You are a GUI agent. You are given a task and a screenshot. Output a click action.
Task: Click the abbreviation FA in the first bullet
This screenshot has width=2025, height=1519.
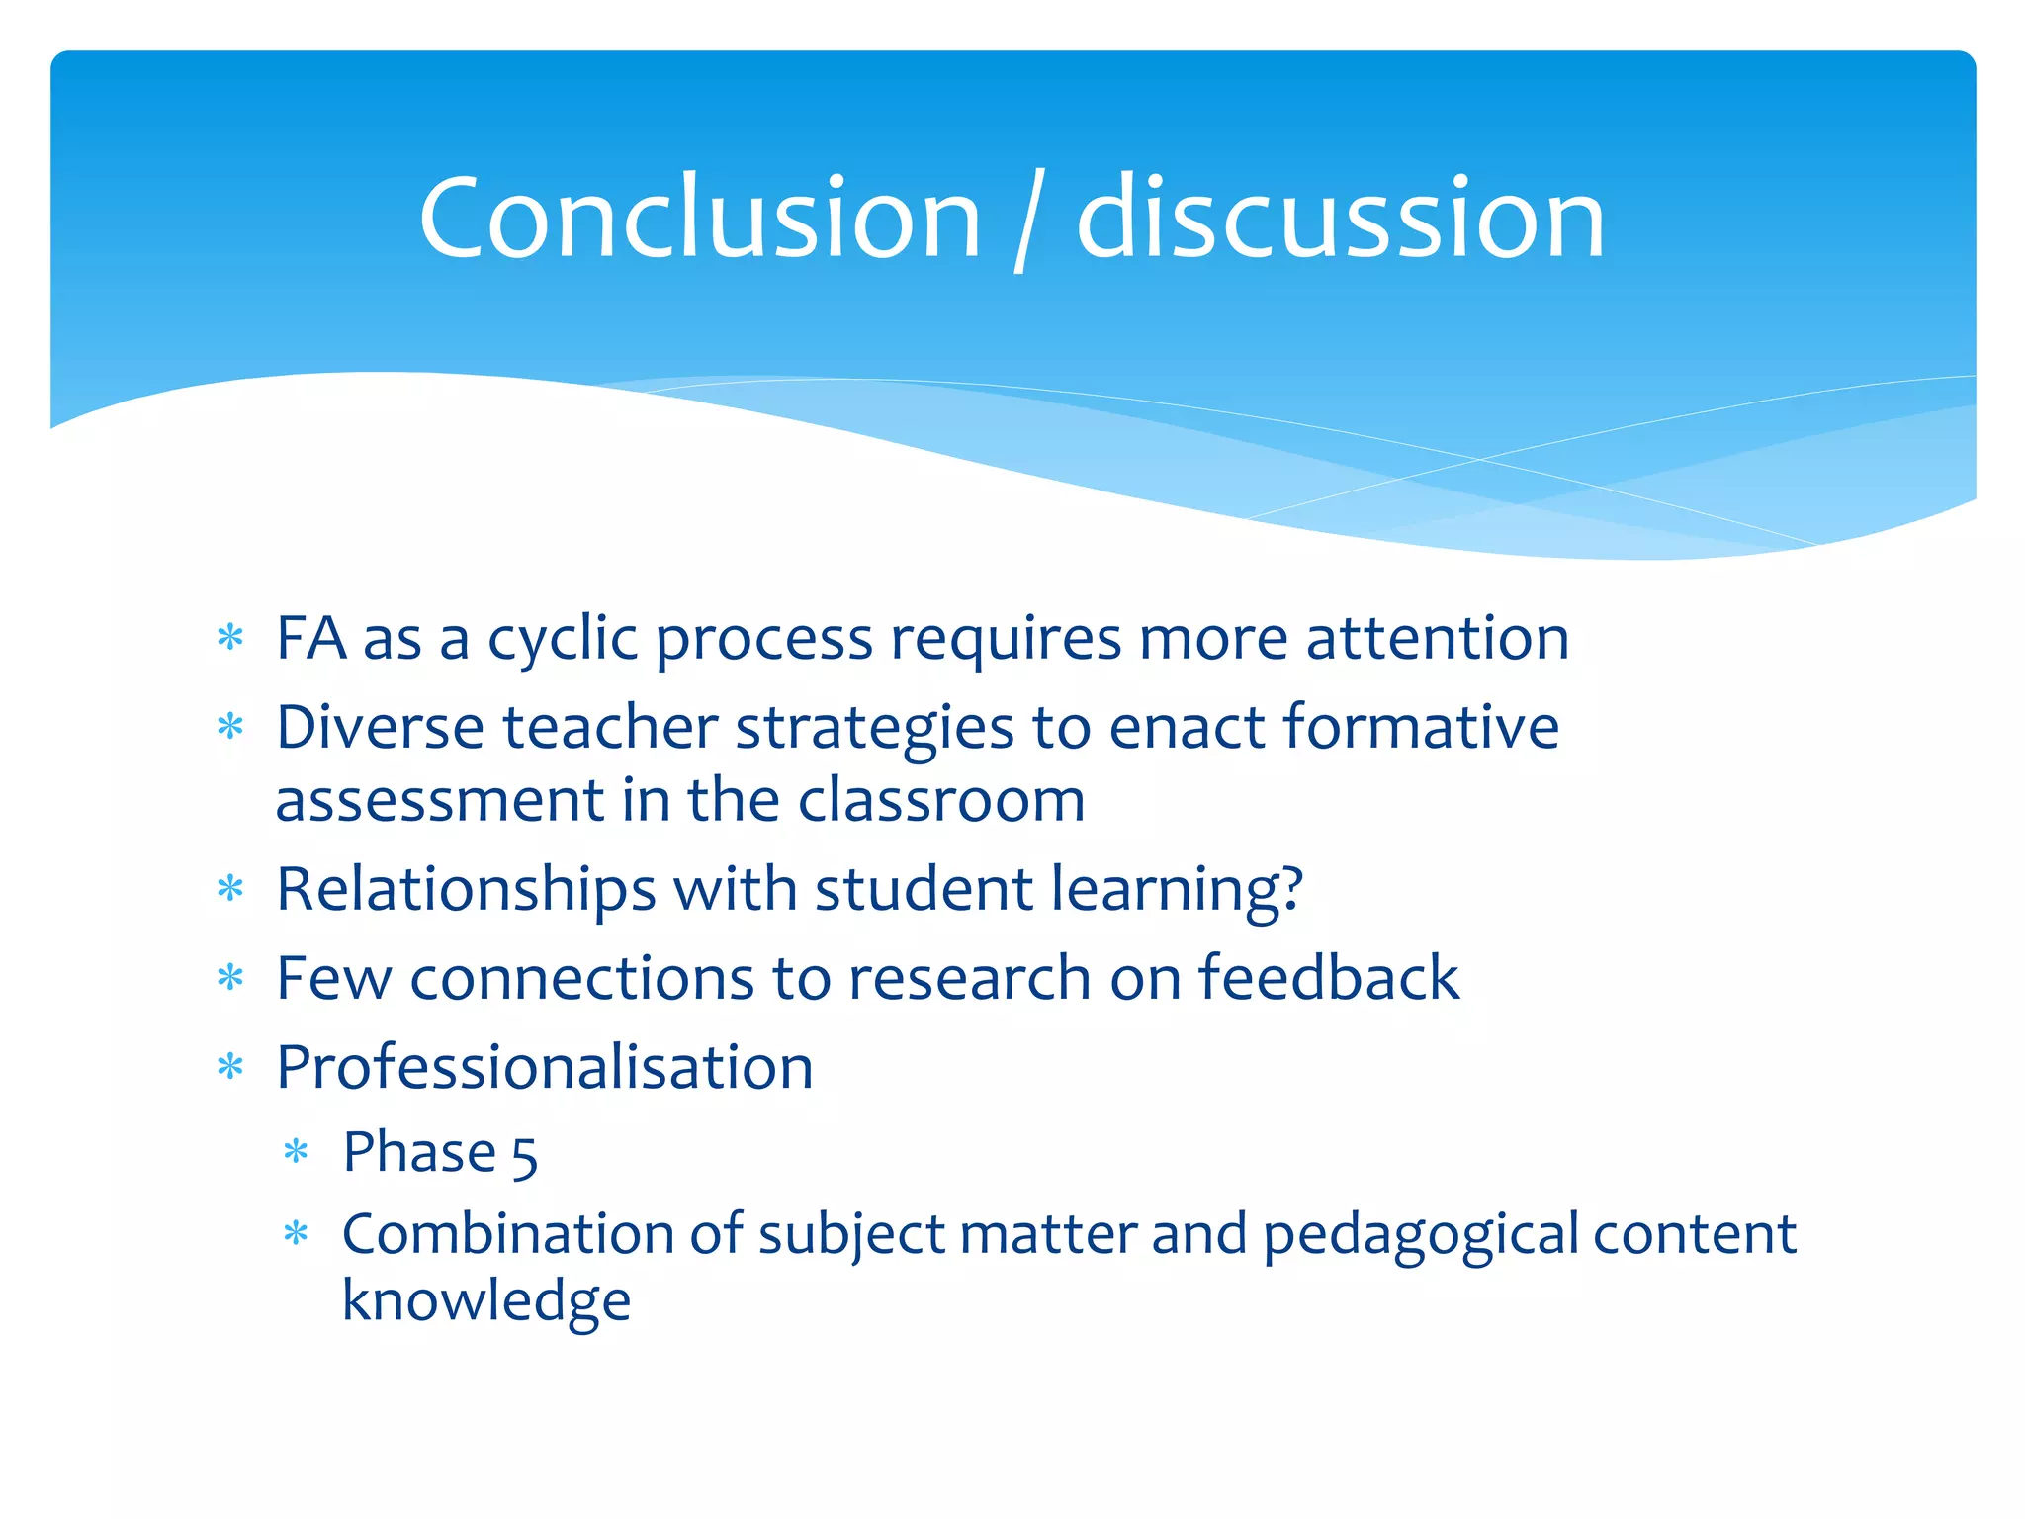pos(310,638)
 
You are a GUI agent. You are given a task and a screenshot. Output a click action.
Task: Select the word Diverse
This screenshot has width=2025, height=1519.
pos(380,728)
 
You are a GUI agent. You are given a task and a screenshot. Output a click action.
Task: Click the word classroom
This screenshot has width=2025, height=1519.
pos(941,800)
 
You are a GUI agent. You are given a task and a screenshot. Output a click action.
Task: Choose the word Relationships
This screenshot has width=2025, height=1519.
pos(466,890)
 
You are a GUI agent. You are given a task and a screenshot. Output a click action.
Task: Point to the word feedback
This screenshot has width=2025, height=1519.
pos(1329,978)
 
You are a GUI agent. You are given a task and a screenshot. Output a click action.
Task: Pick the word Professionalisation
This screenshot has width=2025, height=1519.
pos(545,1068)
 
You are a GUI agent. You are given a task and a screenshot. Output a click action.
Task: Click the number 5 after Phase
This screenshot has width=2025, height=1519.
pos(525,1156)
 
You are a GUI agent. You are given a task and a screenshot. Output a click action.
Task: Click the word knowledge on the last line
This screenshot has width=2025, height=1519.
pos(485,1301)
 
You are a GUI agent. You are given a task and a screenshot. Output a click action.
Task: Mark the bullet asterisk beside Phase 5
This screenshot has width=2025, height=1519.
pos(296,1152)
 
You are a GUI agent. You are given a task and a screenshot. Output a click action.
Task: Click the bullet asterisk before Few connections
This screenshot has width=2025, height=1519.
pos(230,978)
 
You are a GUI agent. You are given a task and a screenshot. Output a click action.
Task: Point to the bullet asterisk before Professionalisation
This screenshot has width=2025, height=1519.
pos(230,1067)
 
